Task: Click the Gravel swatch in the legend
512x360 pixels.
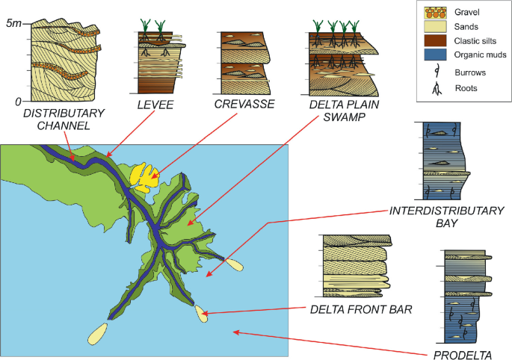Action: point(434,13)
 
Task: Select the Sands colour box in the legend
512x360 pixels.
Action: point(434,27)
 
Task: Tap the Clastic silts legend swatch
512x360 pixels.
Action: point(434,40)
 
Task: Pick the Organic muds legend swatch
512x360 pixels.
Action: point(434,55)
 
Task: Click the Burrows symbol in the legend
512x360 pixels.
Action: point(434,72)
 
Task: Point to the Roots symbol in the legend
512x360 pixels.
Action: point(434,87)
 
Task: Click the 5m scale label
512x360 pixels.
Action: point(13,24)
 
